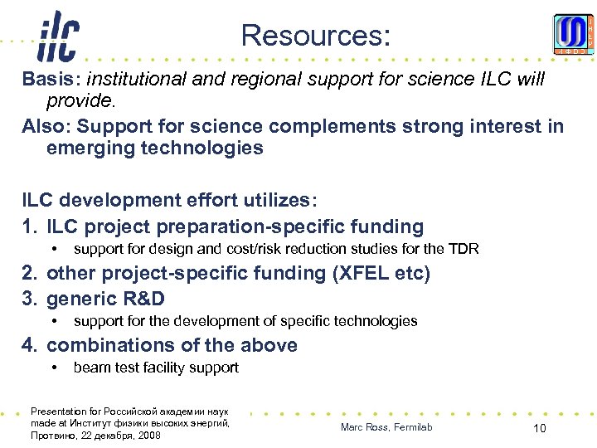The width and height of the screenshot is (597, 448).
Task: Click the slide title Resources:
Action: pyautogui.click(x=314, y=35)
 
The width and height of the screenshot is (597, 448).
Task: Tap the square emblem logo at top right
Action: pyautogui.click(x=574, y=35)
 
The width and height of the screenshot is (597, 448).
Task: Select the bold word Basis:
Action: pyautogui.click(x=51, y=80)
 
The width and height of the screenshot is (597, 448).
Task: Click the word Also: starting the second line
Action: pyautogui.click(x=47, y=126)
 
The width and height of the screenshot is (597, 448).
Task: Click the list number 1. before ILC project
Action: pyautogui.click(x=31, y=226)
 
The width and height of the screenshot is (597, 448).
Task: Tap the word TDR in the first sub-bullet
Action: pyautogui.click(x=464, y=249)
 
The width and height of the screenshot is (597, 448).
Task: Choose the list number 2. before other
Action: pyautogui.click(x=31, y=274)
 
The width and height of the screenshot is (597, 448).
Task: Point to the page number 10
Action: pyautogui.click(x=539, y=428)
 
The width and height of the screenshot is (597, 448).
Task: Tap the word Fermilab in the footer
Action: pyautogui.click(x=412, y=427)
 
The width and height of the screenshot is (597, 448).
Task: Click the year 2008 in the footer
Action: pyautogui.click(x=149, y=435)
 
